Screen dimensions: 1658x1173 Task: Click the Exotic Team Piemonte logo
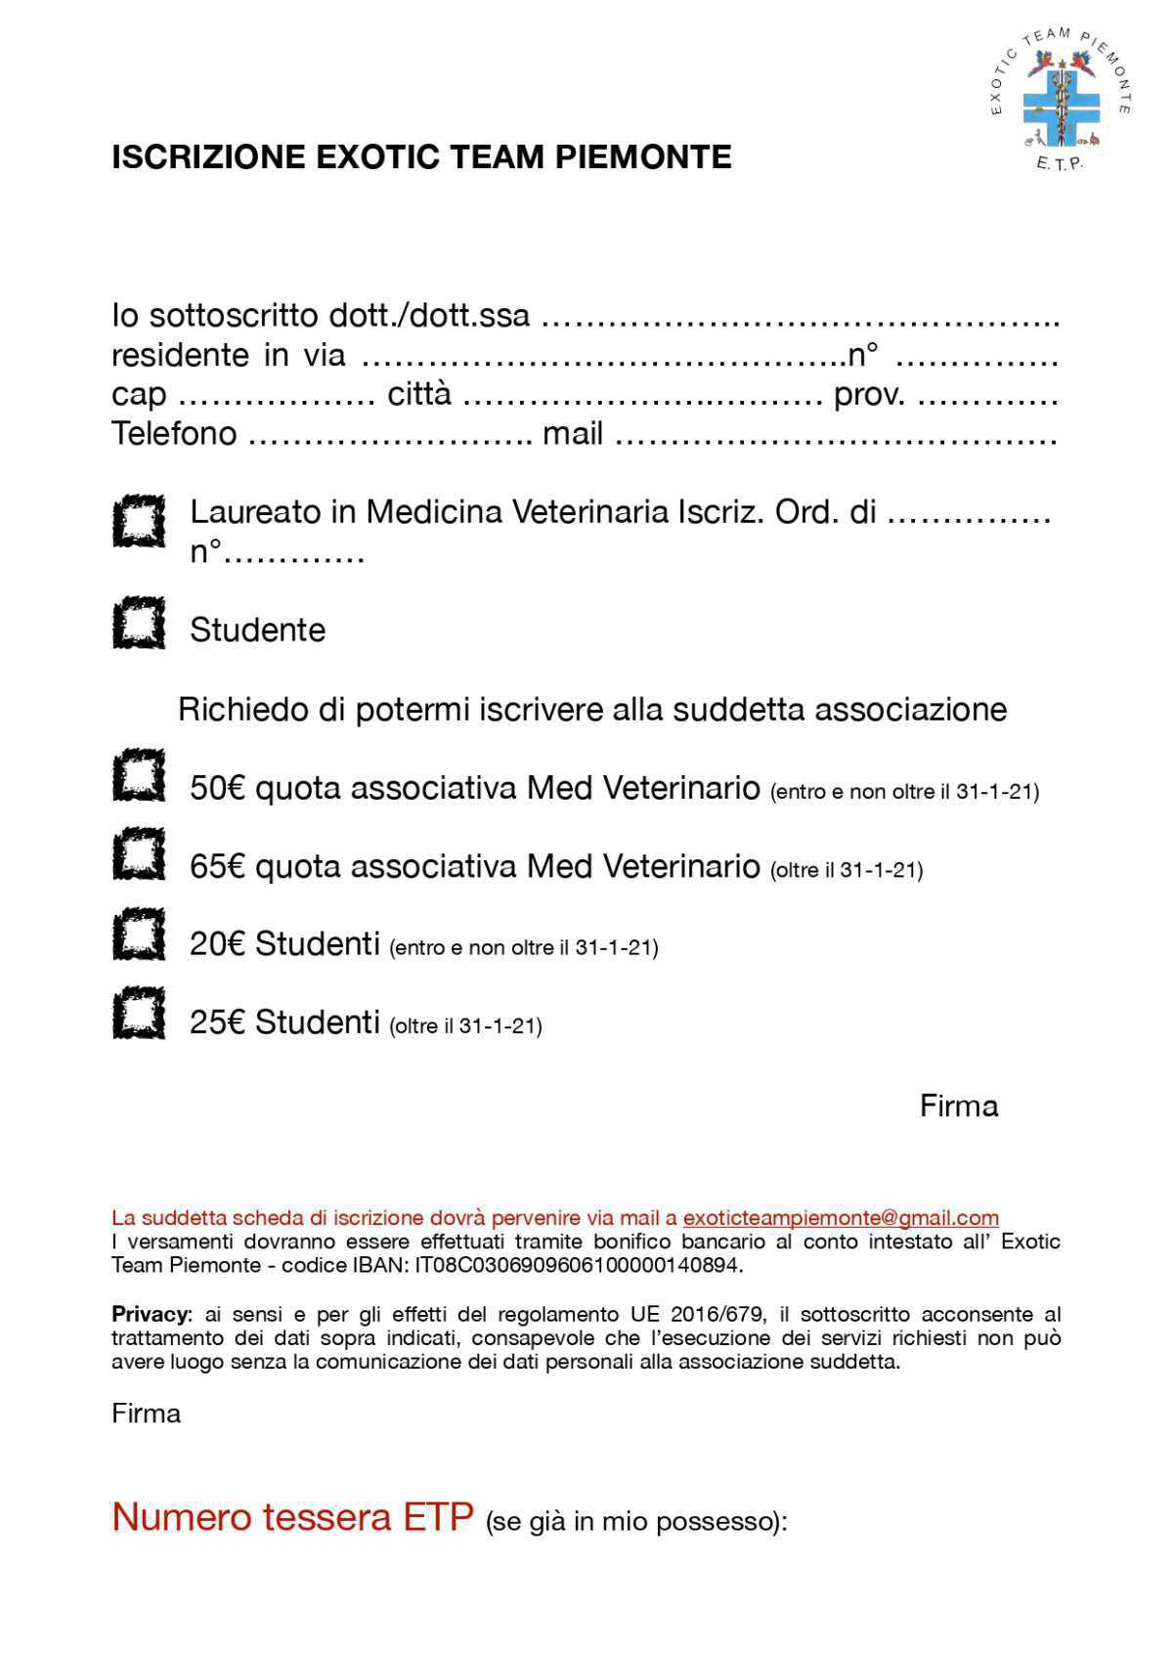1060,99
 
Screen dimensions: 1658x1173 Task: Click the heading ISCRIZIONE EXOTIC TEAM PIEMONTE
421,157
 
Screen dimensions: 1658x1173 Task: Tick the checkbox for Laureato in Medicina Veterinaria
138,521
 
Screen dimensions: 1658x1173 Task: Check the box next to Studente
138,623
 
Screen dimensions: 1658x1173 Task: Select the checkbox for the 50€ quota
138,776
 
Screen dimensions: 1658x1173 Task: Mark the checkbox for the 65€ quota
138,853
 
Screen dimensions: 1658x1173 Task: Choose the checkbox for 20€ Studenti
138,934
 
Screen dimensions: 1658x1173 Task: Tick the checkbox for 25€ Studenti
138,1013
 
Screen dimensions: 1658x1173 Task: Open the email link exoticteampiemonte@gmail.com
841,1218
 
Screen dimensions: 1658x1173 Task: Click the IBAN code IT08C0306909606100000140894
578,1265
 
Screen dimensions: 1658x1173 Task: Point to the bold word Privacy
152,1314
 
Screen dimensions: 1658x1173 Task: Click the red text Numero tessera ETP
292,1517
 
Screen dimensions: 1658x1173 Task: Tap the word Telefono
174,433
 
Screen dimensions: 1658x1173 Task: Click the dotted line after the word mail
836,435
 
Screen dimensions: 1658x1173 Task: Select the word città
419,394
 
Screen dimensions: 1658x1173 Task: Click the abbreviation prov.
869,395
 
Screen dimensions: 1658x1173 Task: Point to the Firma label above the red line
958,1107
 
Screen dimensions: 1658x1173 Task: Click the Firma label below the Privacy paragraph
146,1414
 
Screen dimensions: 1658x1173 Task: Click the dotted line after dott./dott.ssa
800,318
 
